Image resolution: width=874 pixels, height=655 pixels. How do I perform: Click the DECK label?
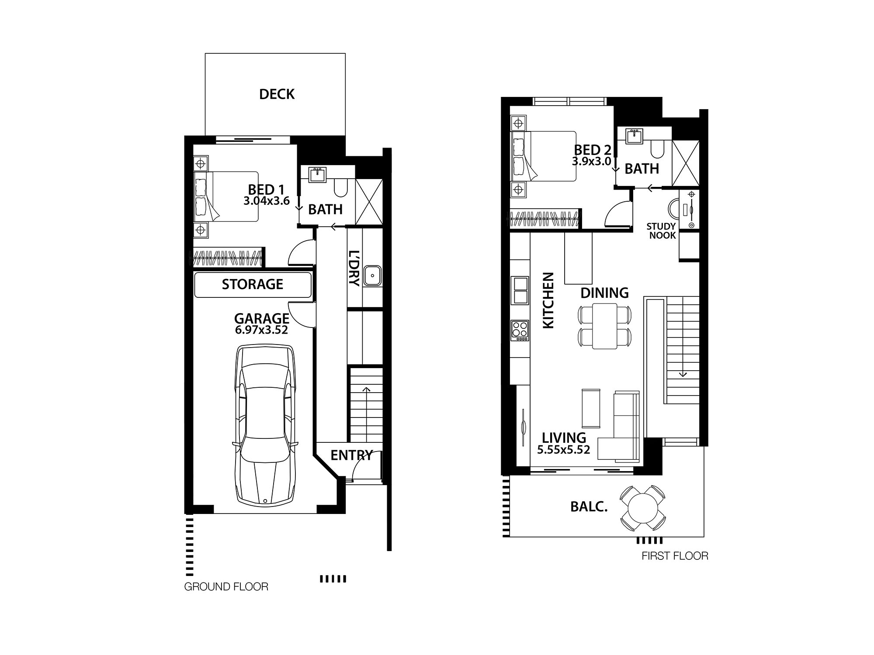point(277,94)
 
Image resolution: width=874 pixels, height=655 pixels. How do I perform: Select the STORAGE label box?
point(253,285)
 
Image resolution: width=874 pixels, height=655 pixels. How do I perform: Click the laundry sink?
point(372,276)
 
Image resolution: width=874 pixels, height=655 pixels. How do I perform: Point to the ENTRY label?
point(351,455)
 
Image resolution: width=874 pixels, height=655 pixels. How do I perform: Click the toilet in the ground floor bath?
point(340,188)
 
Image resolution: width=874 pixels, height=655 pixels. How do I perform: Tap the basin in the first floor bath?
point(634,136)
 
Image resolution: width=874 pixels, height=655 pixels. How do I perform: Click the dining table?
point(605,326)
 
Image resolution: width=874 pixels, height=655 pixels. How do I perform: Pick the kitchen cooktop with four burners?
point(520,331)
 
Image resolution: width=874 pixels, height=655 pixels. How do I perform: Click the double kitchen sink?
point(520,290)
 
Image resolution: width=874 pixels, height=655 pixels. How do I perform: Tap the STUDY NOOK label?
point(662,231)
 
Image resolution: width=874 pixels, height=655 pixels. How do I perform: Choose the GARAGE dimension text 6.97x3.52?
point(261,330)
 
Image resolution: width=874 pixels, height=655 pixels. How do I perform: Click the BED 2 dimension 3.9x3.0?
point(591,161)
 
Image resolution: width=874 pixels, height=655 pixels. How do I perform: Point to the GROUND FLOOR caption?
point(226,587)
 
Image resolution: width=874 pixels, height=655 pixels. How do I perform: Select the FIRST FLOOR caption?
point(675,556)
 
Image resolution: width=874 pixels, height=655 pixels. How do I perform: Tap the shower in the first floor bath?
point(685,163)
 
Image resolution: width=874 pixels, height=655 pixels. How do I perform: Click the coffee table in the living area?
point(591,408)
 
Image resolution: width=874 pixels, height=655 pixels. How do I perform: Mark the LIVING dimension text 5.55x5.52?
point(564,450)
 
